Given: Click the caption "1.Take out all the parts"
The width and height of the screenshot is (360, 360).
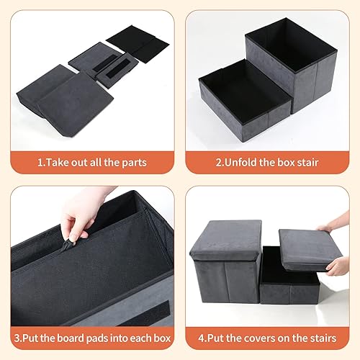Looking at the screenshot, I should [x=91, y=163].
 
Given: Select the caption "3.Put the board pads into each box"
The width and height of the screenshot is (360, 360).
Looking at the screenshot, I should [x=91, y=337].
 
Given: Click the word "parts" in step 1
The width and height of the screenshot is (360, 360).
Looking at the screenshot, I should [x=133, y=163].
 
